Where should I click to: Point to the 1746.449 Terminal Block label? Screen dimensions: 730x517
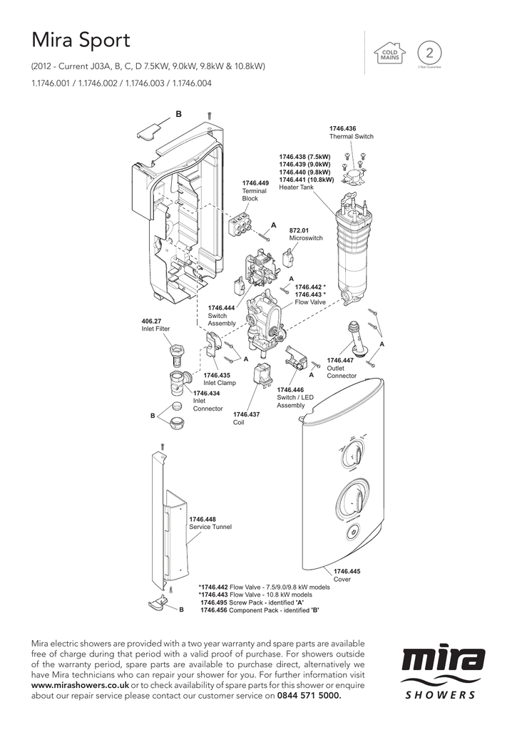click(255, 183)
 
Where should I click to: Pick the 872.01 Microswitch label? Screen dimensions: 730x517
click(299, 230)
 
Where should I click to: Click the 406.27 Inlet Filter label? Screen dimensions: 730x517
click(151, 321)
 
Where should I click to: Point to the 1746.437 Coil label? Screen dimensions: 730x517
click(246, 414)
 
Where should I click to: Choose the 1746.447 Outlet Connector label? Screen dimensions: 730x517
click(340, 361)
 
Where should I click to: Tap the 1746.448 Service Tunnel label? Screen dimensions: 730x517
click(203, 519)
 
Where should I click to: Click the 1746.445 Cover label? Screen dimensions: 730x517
click(347, 571)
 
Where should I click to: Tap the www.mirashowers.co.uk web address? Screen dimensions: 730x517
click(80, 684)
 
